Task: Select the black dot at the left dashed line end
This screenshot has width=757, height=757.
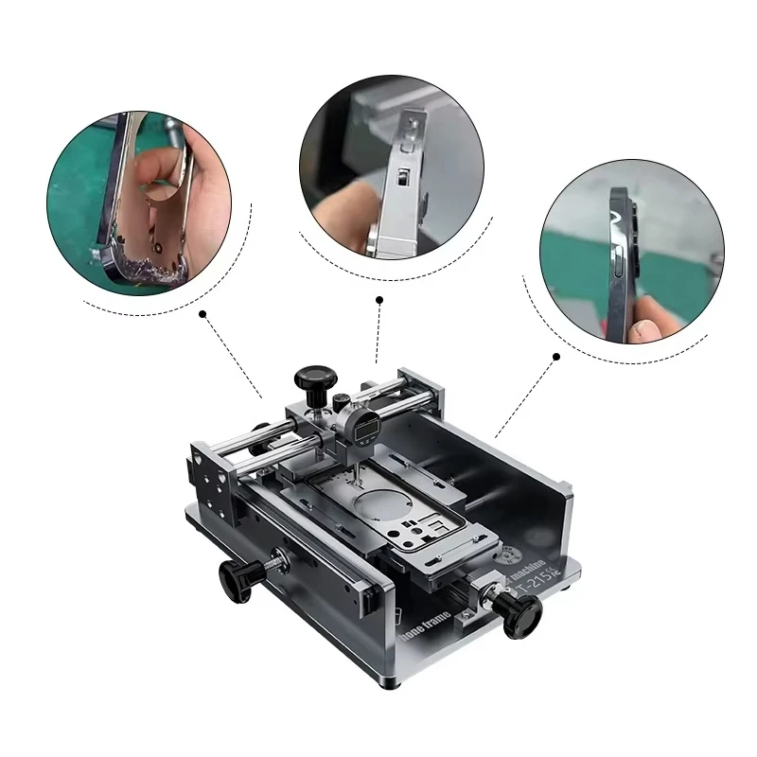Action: click(202, 312)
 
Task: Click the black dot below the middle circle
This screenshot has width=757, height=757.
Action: click(378, 300)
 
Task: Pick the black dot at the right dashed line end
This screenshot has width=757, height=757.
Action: click(556, 357)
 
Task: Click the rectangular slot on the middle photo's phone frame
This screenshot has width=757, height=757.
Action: click(401, 179)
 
